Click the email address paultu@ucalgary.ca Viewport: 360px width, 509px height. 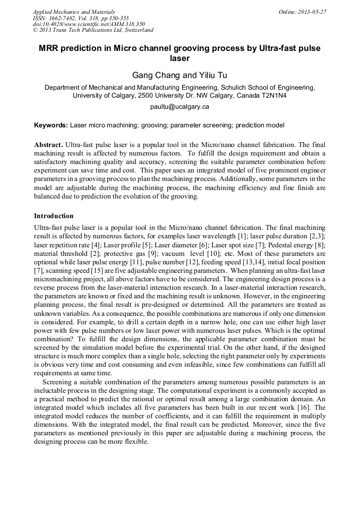coord(180,107)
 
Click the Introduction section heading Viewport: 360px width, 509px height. coord(54,217)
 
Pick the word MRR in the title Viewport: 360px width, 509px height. coord(52,48)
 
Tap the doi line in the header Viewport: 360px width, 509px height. coord(89,24)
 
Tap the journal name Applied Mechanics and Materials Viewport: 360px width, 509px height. coord(74,12)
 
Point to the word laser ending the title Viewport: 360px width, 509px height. coord(180,58)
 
